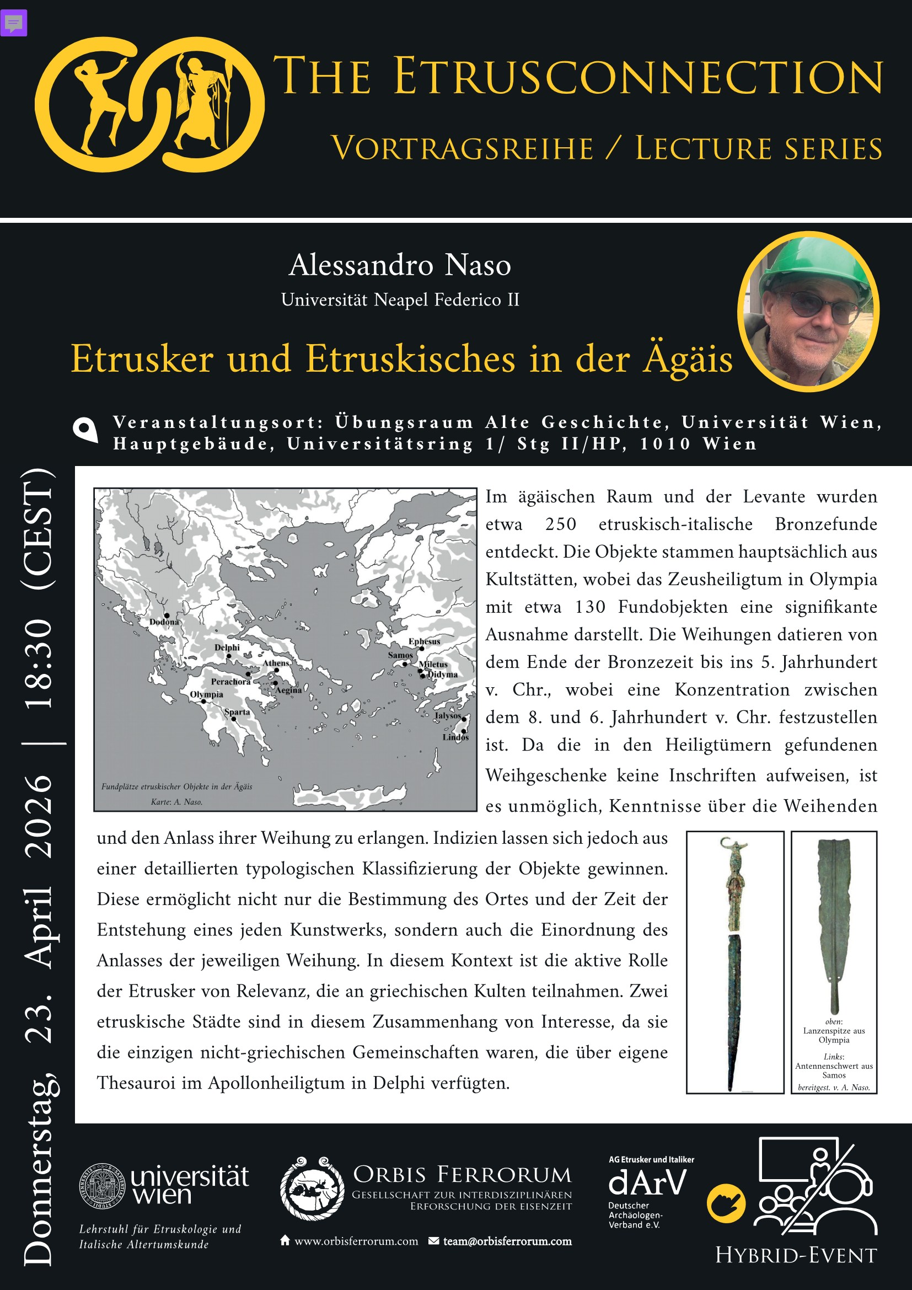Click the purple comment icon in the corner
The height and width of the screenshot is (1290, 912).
[x=13, y=24]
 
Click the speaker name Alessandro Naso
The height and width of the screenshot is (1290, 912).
[x=400, y=265]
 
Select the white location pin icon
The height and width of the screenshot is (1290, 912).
[x=85, y=430]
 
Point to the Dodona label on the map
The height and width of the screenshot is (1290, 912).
[x=164, y=622]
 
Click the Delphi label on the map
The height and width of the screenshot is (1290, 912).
[x=227, y=647]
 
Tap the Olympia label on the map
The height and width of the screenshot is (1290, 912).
[x=206, y=694]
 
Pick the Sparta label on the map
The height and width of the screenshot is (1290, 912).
[x=237, y=712]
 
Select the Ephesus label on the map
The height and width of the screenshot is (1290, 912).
[x=424, y=641]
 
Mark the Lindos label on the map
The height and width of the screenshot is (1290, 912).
[x=455, y=737]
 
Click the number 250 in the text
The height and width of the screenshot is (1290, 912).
[x=560, y=524]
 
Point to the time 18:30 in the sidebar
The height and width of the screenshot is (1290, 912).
[x=40, y=663]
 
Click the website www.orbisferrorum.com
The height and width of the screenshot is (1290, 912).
[x=356, y=1241]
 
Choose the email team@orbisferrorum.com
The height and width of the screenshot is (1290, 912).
[x=507, y=1241]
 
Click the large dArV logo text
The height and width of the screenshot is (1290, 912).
[x=647, y=1182]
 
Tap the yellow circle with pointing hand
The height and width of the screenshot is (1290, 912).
[x=726, y=1203]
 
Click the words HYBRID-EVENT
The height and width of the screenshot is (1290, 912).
[x=796, y=1255]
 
